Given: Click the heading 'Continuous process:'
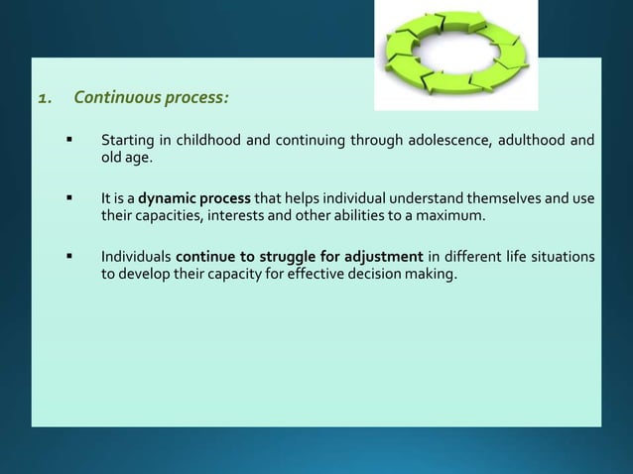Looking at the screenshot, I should click(x=158, y=98).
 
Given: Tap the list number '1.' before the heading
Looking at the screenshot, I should click(x=46, y=98).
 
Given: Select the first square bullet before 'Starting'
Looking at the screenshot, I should click(x=71, y=139).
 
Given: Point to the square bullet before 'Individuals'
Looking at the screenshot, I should click(x=71, y=257).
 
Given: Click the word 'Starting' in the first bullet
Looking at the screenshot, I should click(x=128, y=139).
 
